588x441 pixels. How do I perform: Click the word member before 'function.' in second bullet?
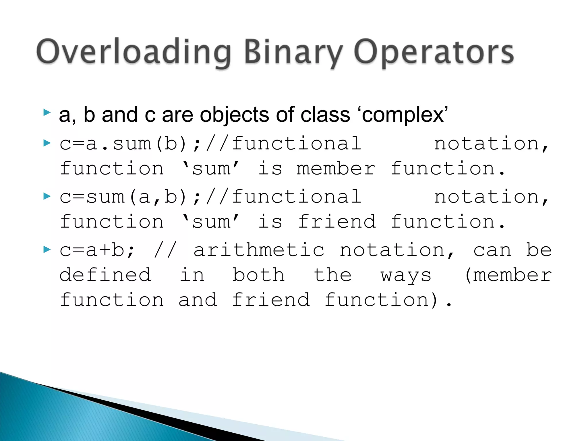pyautogui.click(x=336, y=169)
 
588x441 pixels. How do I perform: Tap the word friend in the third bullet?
pyautogui.click(x=336, y=222)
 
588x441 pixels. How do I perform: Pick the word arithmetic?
pyautogui.click(x=259, y=250)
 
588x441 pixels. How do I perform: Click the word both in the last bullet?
pyautogui.click(x=258, y=275)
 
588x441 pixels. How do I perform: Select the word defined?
pyautogui.click(x=105, y=275)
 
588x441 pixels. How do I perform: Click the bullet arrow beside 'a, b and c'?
pyautogui.click(x=47, y=113)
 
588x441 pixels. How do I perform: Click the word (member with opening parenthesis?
pyautogui.click(x=508, y=275)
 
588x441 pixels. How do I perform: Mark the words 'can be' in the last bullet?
pyautogui.click(x=512, y=250)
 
